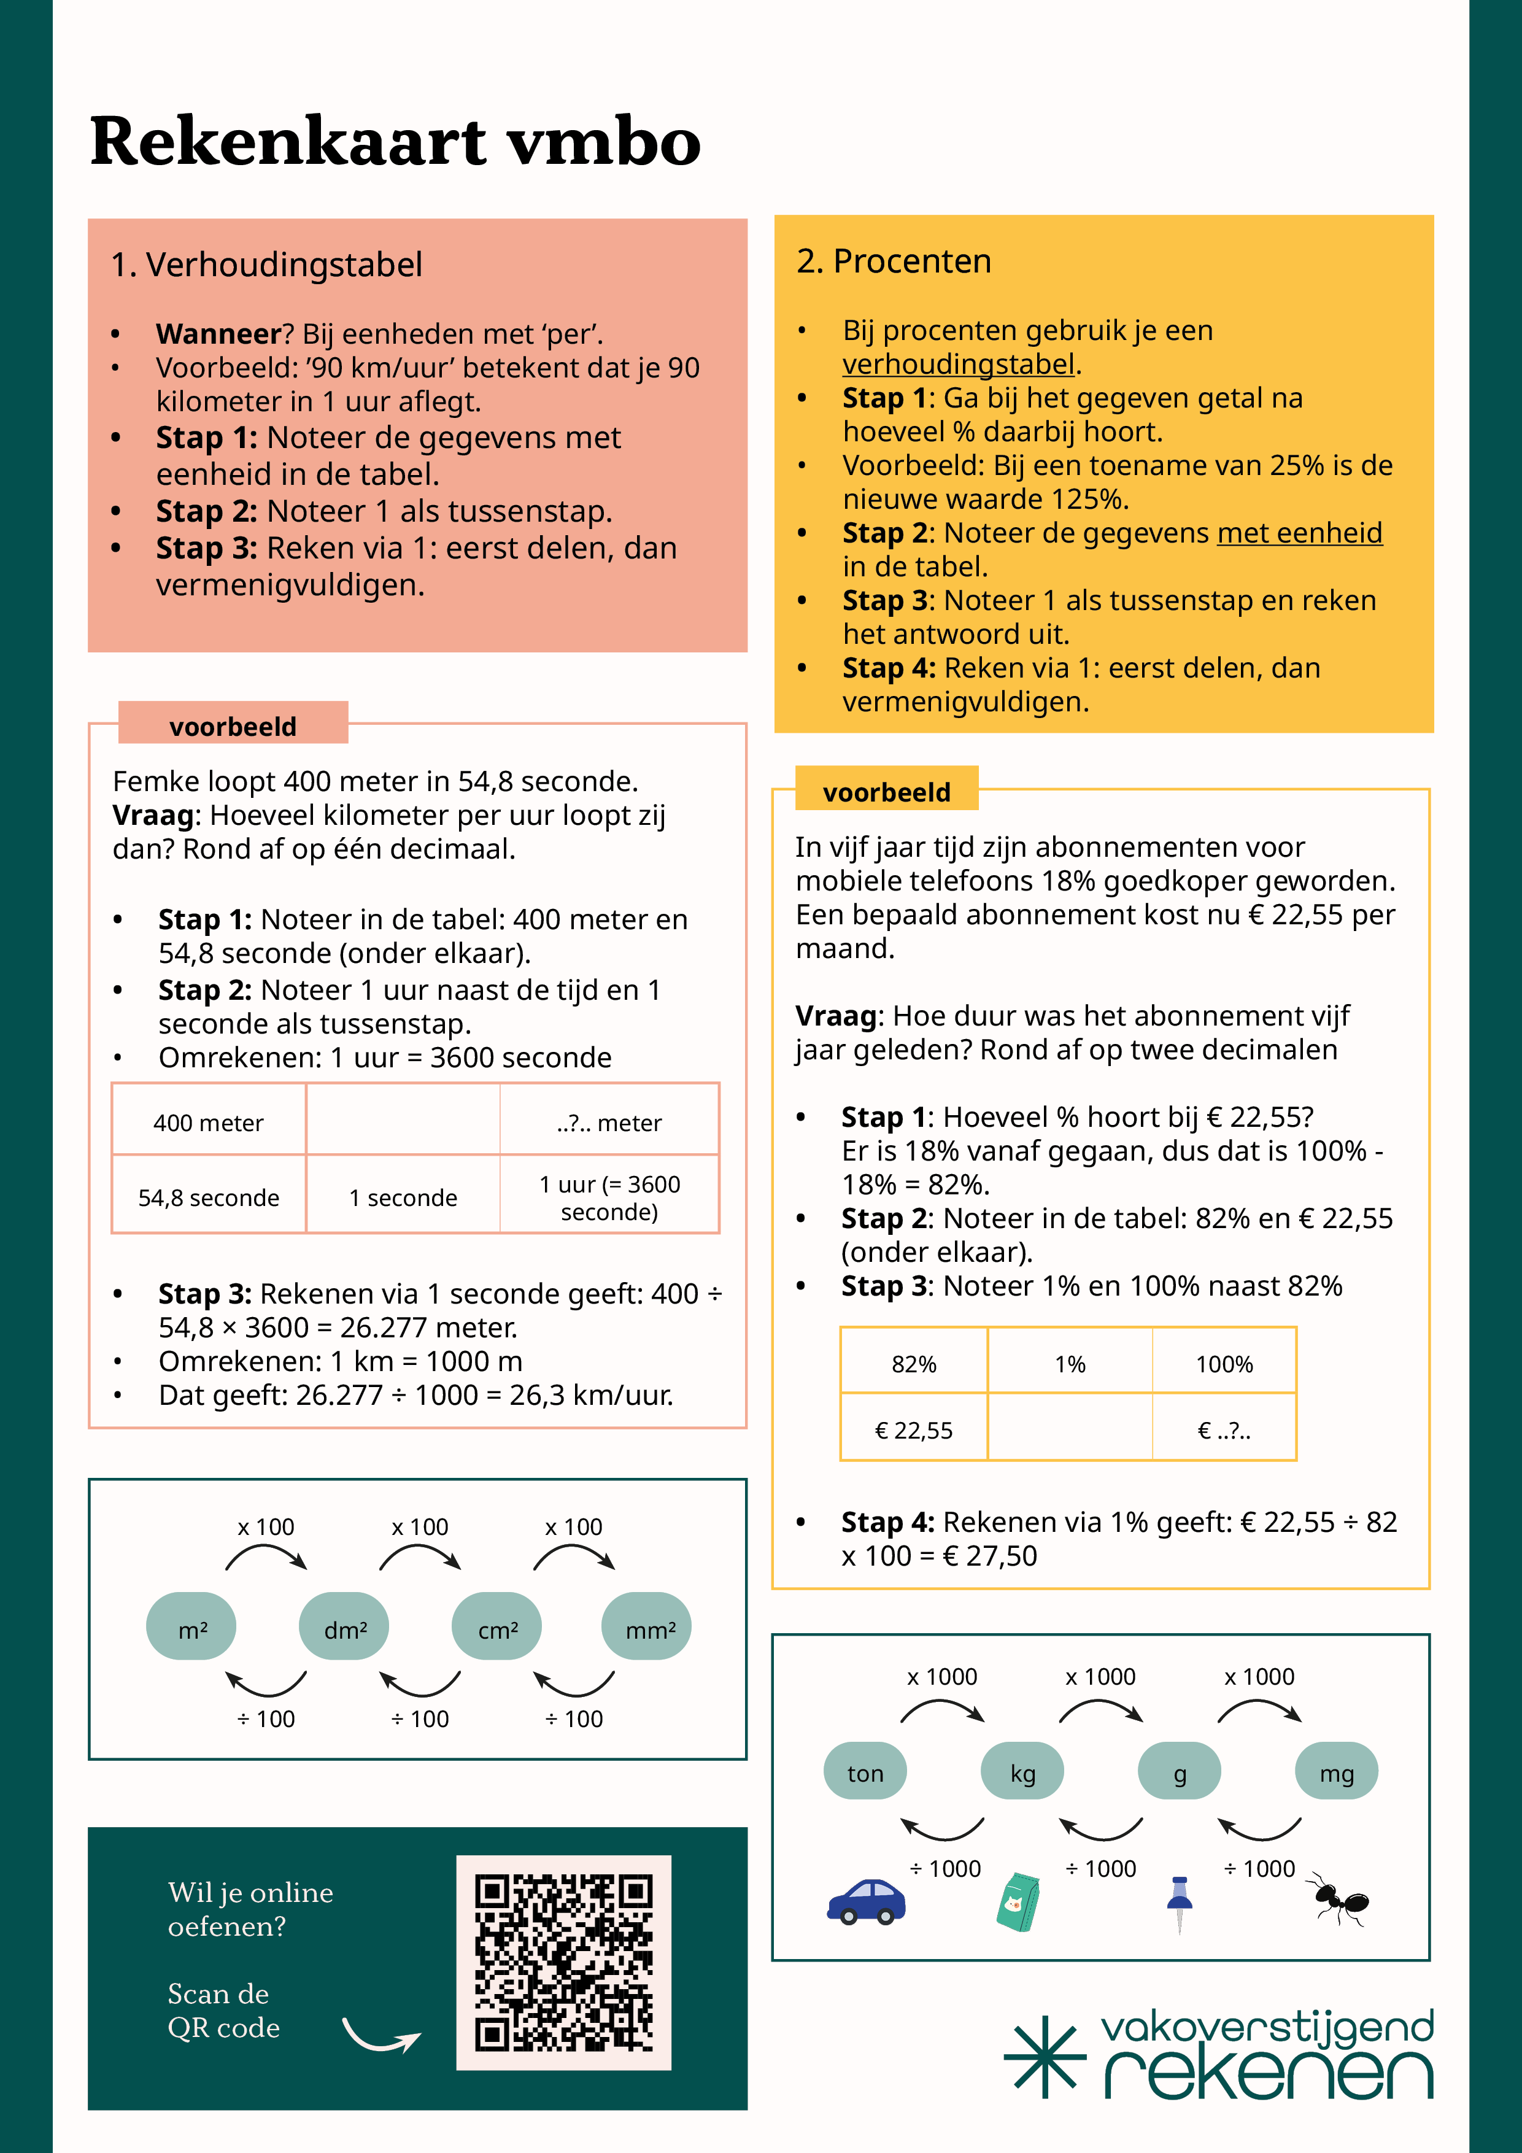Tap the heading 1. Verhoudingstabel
tap(266, 265)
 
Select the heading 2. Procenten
tap(894, 261)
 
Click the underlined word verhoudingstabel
tap(957, 364)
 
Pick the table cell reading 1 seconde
tap(403, 1197)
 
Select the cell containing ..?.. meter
tap(609, 1123)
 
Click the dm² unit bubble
tap(344, 1629)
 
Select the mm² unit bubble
tap(646, 1629)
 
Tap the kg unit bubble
tap(1022, 1773)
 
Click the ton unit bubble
tap(865, 1773)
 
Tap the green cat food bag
tap(1018, 1903)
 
